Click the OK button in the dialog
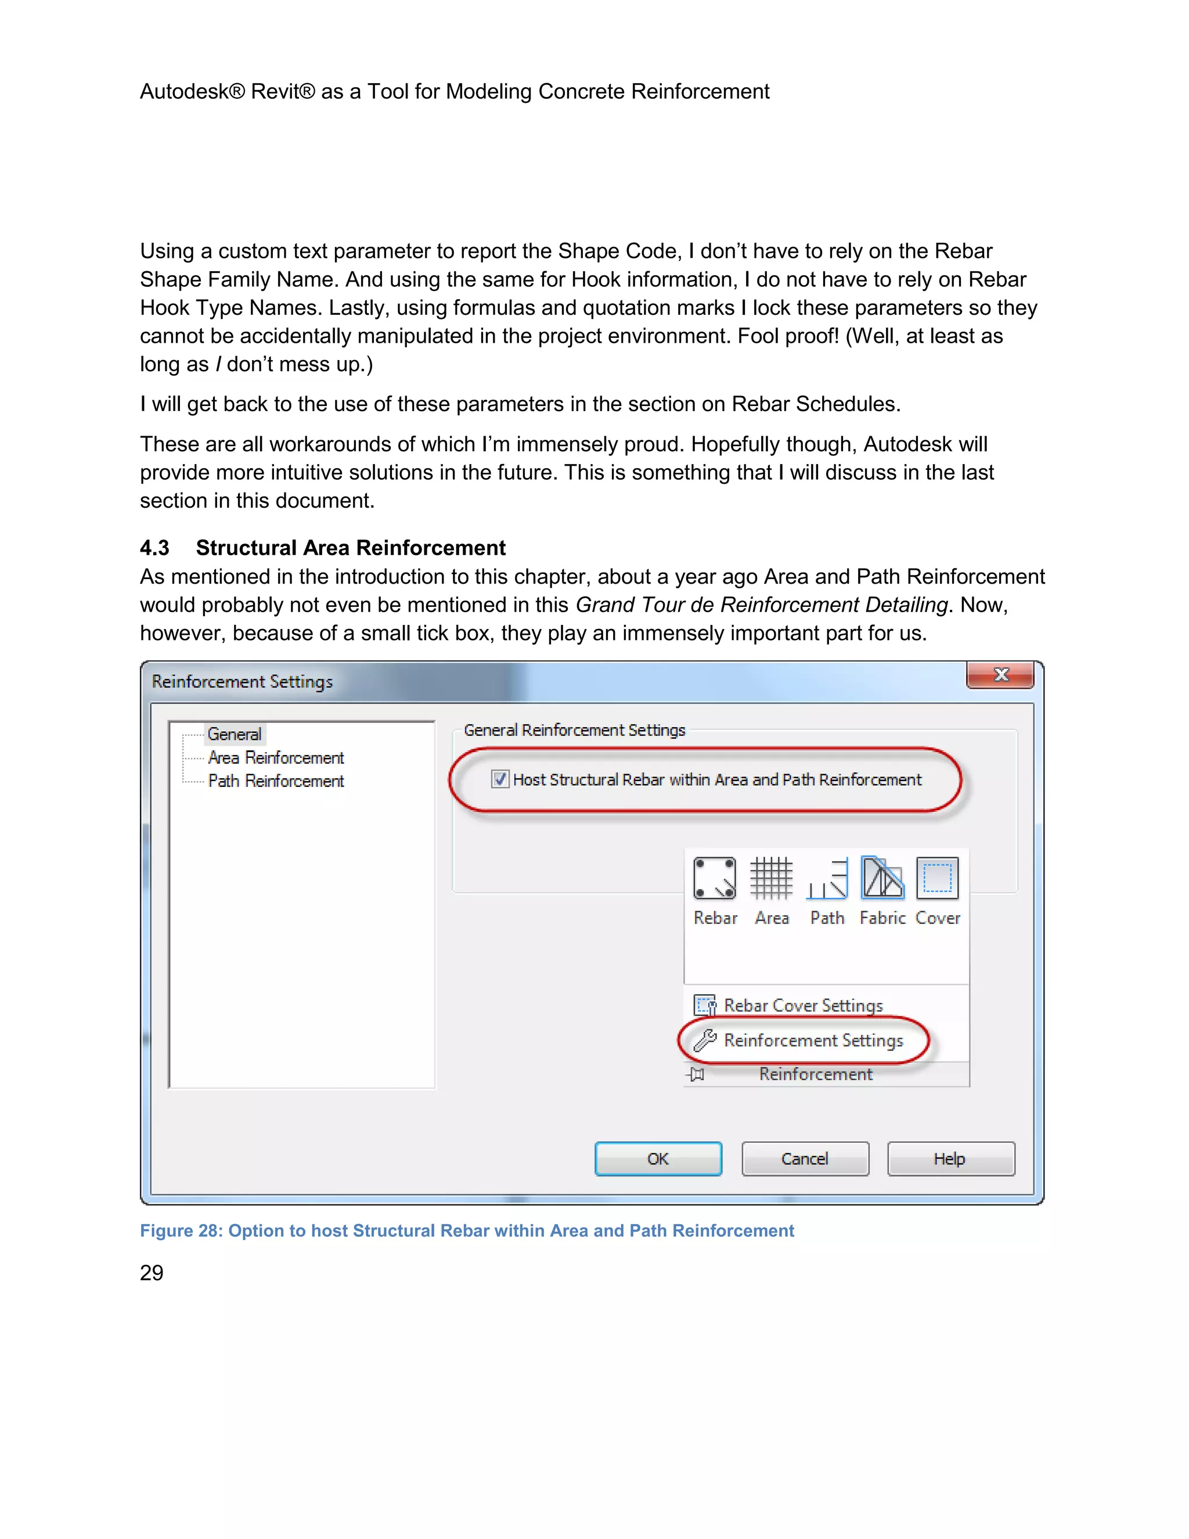tap(658, 1159)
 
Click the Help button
tap(950, 1159)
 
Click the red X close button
tap(1000, 675)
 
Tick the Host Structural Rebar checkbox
tap(500, 779)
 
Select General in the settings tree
tap(234, 734)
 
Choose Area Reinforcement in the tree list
tap(275, 757)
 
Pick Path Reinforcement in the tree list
tap(275, 781)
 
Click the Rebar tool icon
tap(714, 879)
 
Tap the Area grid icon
tap(772, 879)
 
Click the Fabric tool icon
tap(882, 879)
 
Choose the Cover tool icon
tap(938, 879)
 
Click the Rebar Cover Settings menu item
tap(803, 1005)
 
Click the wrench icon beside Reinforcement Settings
tap(705, 1040)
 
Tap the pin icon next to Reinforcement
tap(696, 1074)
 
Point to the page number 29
tap(152, 1272)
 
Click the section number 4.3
tap(155, 548)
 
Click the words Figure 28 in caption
tap(181, 1231)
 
